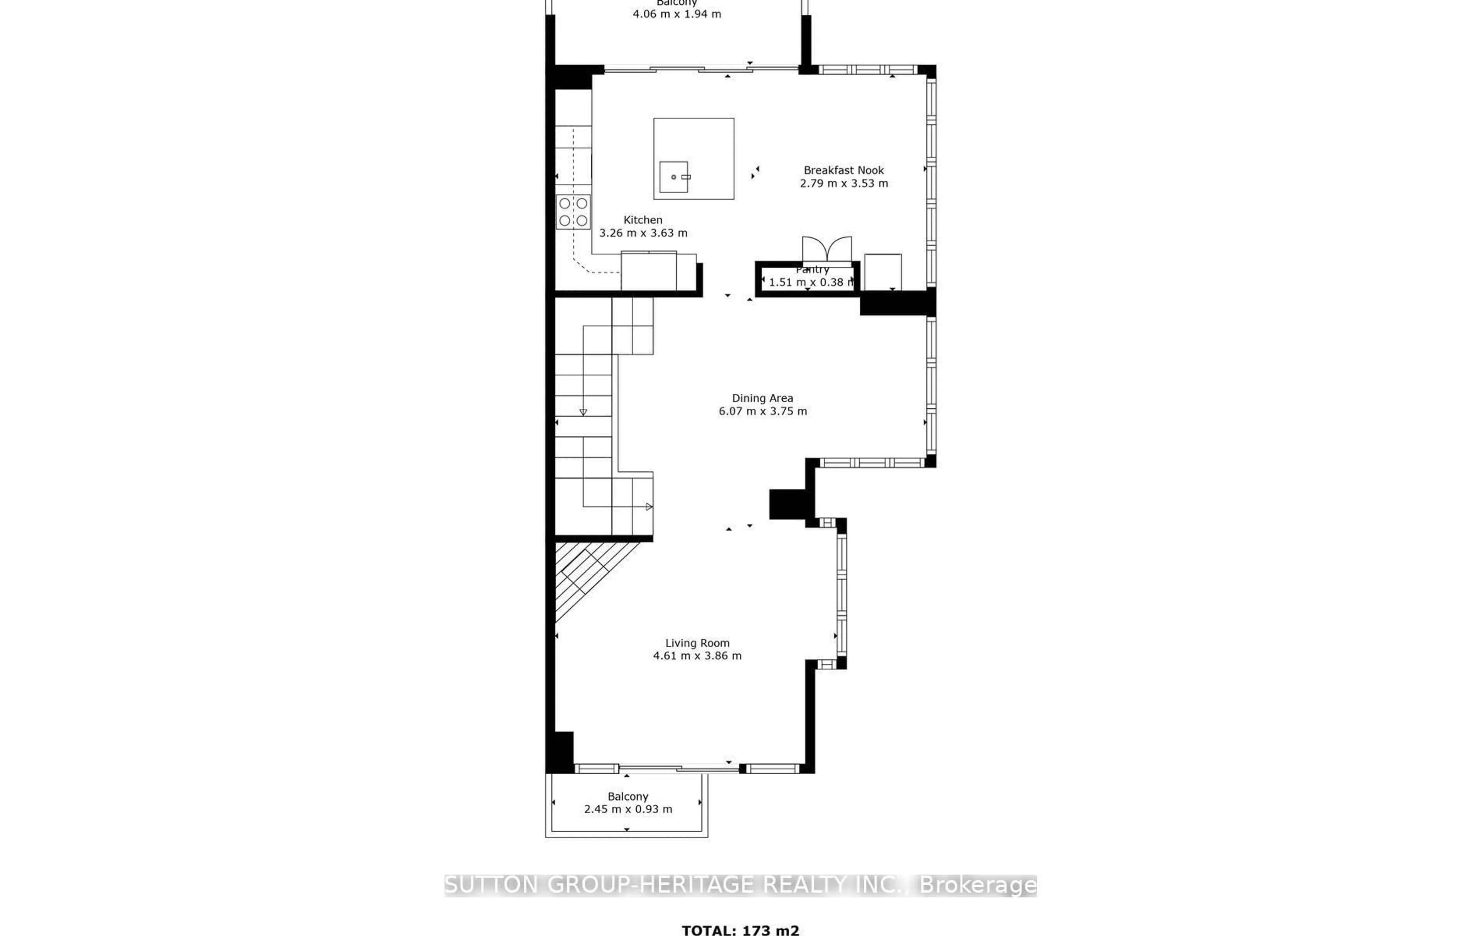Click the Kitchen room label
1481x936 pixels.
click(x=643, y=220)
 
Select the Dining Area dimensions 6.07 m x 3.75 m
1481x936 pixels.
click(x=762, y=411)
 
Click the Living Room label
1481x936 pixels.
click(x=697, y=642)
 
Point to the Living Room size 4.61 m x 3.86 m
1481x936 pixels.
click(x=697, y=655)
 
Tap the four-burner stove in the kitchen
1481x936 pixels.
click(x=573, y=212)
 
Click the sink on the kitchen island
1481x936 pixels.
click(x=674, y=177)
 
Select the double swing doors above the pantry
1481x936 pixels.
click(x=827, y=249)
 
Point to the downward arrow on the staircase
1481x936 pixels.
click(x=583, y=412)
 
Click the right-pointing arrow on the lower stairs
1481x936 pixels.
click(x=649, y=506)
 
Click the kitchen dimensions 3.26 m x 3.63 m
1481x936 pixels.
click(x=643, y=233)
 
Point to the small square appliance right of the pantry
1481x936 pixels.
click(x=882, y=271)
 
